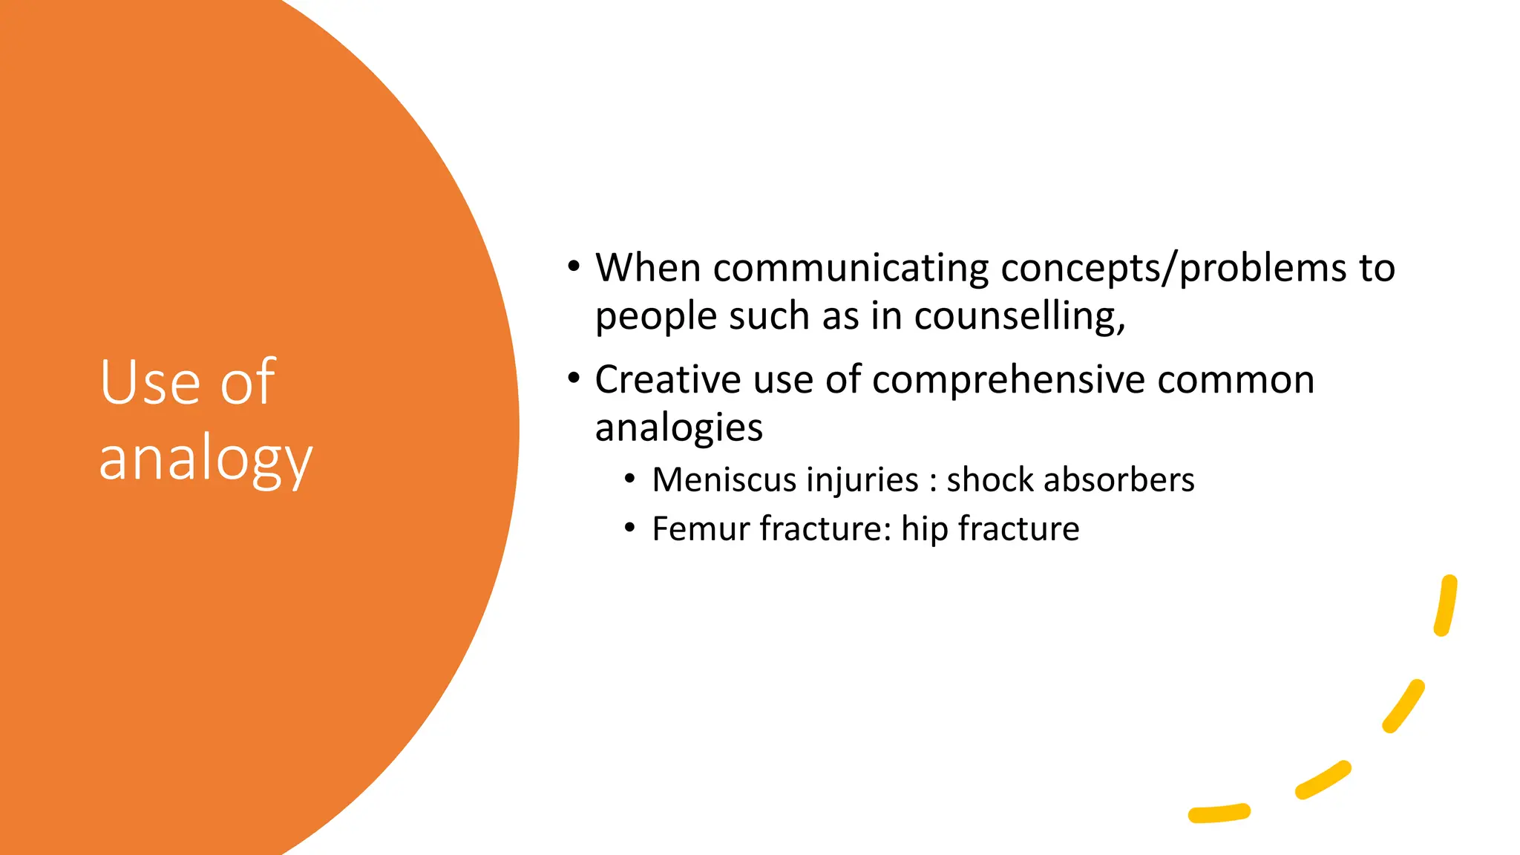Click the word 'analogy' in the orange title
pos(206,460)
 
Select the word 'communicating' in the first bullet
pos(851,269)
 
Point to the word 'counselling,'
pos(1020,317)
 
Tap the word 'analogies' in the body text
pos(678,428)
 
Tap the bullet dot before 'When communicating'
pos(573,266)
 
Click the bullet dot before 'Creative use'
pos(573,379)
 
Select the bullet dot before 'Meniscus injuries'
pos(629,479)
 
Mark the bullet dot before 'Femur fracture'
pos(629,528)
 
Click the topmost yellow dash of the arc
pos(1446,605)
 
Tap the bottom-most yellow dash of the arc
pos(1219,813)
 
